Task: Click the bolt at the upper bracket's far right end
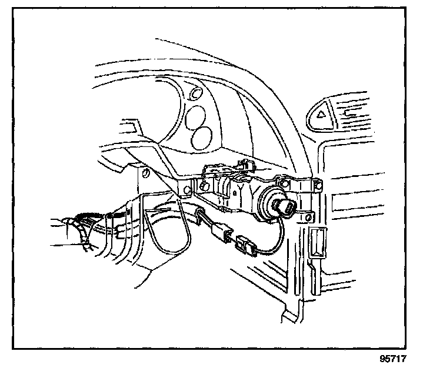point(317,185)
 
